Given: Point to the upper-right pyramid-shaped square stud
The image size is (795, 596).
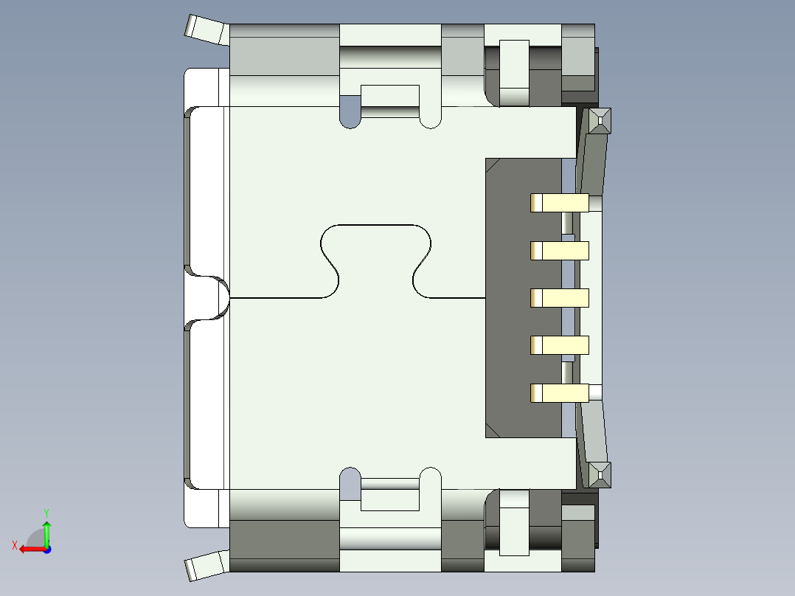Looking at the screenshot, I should (x=600, y=120).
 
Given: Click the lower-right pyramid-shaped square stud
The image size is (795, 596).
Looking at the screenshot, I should (x=600, y=474).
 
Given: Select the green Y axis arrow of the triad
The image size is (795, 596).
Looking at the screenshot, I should (x=46, y=530).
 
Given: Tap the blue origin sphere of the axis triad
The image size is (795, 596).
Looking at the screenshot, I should (x=46, y=549).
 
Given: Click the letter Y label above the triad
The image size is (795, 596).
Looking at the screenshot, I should (x=46, y=512).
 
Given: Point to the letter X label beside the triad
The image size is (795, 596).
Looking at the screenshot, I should (x=14, y=545).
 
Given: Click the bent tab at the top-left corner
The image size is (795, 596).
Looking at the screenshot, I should (x=205, y=30).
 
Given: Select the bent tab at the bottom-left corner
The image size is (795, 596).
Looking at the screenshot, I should (x=205, y=566).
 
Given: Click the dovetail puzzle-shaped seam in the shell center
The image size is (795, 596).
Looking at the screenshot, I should (x=375, y=258).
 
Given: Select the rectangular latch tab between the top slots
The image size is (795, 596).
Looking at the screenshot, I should (x=390, y=100).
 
